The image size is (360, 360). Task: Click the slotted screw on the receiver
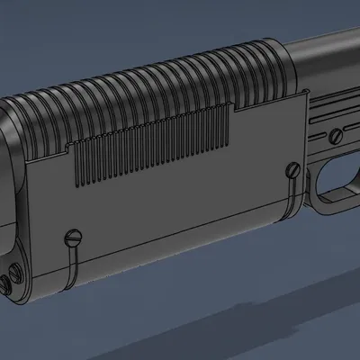click(335, 137)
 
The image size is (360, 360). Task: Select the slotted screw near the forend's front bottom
click(73, 238)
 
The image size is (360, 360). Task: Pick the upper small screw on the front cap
click(17, 267)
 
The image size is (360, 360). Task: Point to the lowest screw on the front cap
click(6, 285)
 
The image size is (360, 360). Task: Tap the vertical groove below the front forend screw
click(72, 261)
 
